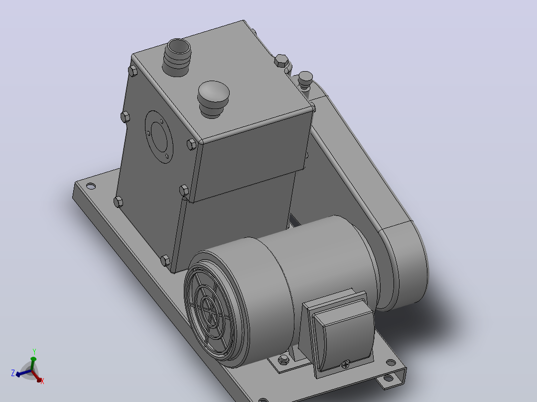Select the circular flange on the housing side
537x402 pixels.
[x=158, y=136]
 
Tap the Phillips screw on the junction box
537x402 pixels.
[x=346, y=365]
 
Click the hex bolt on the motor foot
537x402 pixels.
[x=283, y=359]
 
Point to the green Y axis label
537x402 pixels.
[x=34, y=351]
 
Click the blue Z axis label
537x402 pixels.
[x=13, y=373]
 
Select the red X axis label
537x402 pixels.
[x=42, y=381]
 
